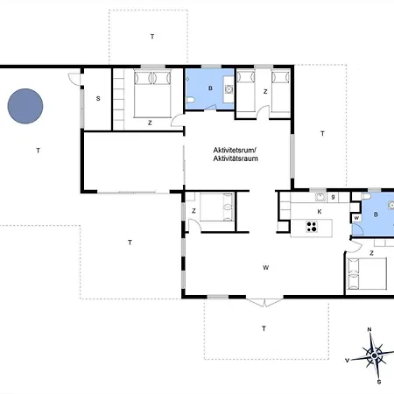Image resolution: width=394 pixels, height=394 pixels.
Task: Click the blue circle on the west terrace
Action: (x=25, y=106)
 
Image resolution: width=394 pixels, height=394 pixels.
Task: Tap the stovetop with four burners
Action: (x=312, y=227)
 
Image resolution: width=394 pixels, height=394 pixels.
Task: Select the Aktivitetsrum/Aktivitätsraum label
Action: (x=236, y=154)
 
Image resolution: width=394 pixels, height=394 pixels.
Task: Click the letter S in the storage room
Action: (x=98, y=99)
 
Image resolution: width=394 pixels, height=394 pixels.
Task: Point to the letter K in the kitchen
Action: (x=320, y=212)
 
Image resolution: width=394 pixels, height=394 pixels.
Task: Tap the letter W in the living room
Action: (x=265, y=267)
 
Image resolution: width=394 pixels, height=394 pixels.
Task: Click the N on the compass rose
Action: (x=369, y=330)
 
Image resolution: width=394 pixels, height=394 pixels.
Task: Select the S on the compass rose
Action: (x=379, y=382)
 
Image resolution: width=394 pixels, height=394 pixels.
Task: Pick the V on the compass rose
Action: (x=348, y=361)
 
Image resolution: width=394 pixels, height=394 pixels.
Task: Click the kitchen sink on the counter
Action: (x=320, y=197)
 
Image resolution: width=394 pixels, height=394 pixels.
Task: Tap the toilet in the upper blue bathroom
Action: (x=191, y=100)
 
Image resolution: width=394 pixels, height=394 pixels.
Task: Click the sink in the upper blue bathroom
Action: (x=229, y=88)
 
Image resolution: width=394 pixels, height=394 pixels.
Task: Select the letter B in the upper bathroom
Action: (x=210, y=88)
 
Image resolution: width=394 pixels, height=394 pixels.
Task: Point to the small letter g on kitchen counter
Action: (x=333, y=197)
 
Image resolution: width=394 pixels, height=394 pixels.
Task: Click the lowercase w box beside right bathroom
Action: (x=356, y=218)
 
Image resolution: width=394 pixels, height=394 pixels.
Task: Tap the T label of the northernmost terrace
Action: (x=152, y=37)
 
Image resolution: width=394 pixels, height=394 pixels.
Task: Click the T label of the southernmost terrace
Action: (x=264, y=328)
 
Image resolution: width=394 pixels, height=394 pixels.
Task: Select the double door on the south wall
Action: (x=264, y=302)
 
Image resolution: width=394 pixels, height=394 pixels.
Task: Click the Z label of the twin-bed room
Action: (x=265, y=92)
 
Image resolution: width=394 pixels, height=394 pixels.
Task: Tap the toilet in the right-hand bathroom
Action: (x=366, y=196)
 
